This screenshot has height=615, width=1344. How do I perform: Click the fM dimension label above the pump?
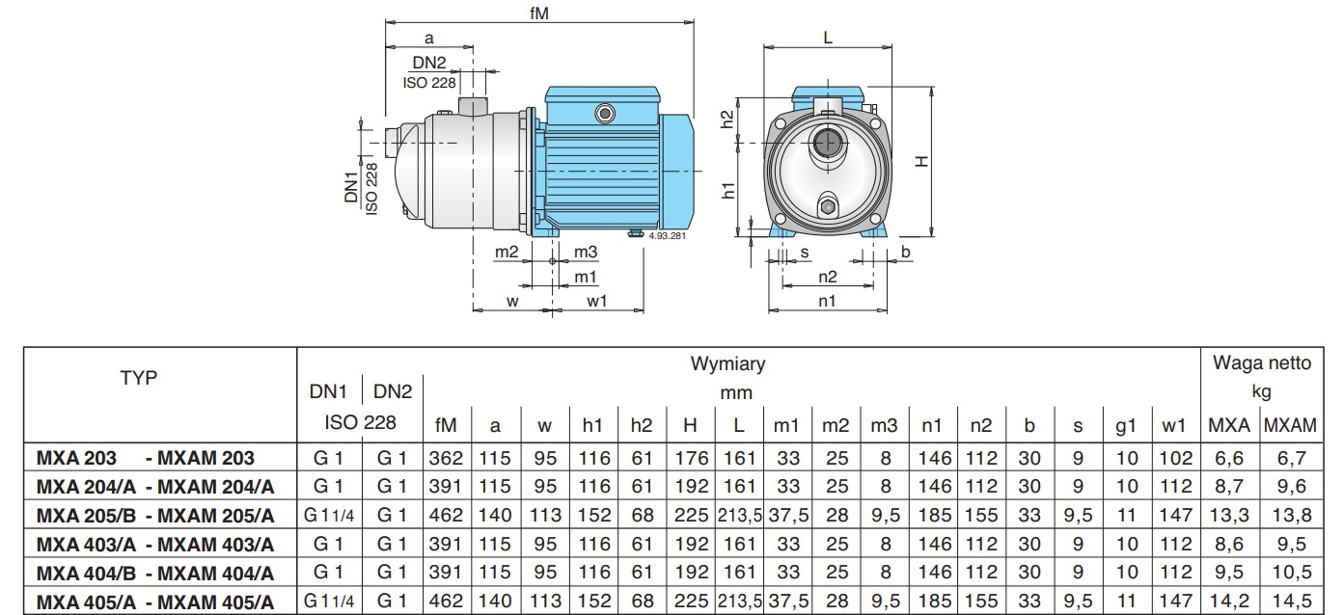(538, 13)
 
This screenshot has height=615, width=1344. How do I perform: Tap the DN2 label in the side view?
(429, 63)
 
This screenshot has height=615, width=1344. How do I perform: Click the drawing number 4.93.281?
(667, 236)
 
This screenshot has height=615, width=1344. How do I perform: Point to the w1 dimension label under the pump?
(596, 301)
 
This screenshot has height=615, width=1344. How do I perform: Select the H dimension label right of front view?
(921, 161)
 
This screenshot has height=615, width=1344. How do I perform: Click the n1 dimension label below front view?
(827, 301)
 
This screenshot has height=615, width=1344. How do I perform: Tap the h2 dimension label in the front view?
(727, 120)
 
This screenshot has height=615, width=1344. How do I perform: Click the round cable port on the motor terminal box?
(605, 114)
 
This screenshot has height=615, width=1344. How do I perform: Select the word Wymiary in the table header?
(727, 363)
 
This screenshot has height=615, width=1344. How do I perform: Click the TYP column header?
(139, 378)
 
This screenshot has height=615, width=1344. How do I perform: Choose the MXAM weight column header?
(1290, 425)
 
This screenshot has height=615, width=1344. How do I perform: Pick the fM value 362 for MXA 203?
(446, 458)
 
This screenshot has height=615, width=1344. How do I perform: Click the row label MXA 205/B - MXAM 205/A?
(155, 515)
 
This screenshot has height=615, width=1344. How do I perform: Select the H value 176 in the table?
(692, 458)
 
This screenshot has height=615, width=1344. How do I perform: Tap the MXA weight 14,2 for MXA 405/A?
(1229, 601)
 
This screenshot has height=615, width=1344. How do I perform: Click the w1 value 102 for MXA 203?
(1175, 458)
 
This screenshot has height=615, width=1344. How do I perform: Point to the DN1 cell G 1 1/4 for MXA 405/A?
(329, 601)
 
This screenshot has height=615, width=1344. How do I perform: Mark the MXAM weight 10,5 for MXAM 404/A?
(1291, 573)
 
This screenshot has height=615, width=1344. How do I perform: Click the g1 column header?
(1126, 425)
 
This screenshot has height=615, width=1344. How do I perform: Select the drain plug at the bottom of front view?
(828, 207)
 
